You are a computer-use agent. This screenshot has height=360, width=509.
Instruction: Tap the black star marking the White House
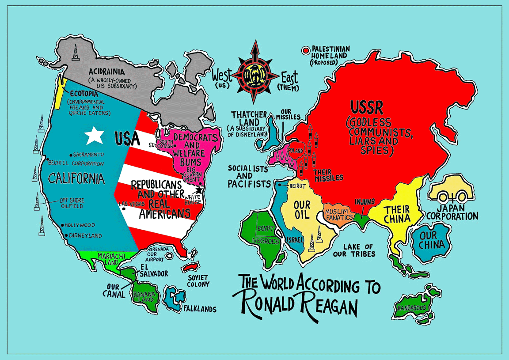(x=199, y=189)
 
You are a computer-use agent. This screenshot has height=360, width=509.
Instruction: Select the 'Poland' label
(x=296, y=151)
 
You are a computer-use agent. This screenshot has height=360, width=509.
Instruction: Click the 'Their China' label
(x=396, y=214)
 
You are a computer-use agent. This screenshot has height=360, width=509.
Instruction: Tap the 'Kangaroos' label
(x=411, y=307)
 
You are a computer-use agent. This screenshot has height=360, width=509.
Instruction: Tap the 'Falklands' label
(x=200, y=309)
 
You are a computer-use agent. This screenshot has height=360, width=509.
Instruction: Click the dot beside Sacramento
(x=71, y=155)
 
